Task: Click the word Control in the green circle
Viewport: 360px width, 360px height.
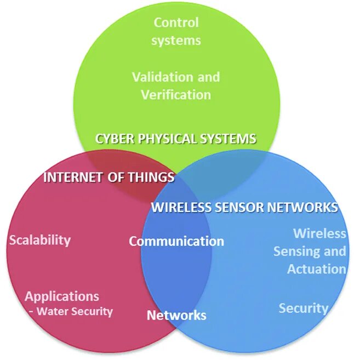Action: point(176,22)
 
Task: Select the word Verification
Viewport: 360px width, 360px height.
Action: point(176,94)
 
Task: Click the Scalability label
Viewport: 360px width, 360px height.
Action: point(40,239)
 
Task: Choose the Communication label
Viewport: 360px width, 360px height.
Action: point(176,241)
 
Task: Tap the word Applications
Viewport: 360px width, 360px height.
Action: point(62,296)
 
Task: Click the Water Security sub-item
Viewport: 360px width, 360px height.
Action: point(73,311)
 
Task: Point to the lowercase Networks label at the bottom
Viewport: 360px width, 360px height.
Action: point(176,315)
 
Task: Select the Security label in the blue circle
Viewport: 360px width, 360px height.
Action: point(303,308)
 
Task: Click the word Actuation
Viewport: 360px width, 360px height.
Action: point(317,269)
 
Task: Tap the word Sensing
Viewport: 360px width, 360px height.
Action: point(296,252)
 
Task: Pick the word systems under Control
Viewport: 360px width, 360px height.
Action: point(176,40)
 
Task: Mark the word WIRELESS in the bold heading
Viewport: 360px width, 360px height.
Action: point(179,207)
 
